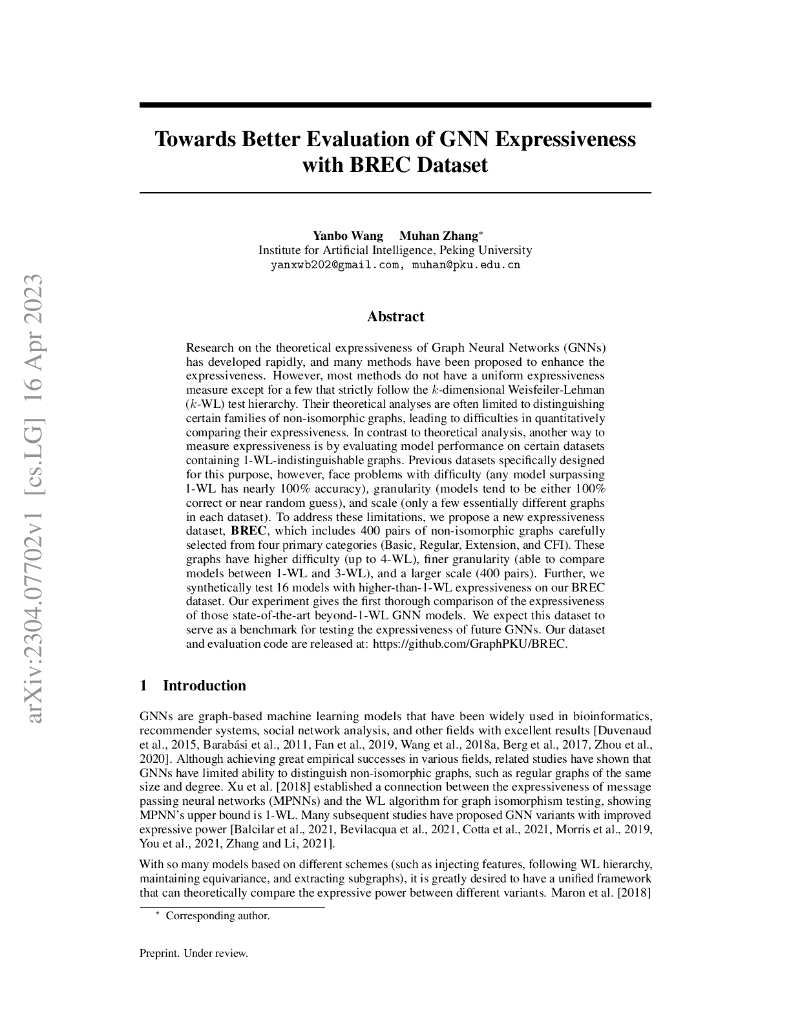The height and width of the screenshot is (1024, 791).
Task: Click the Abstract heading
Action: pos(395,316)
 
